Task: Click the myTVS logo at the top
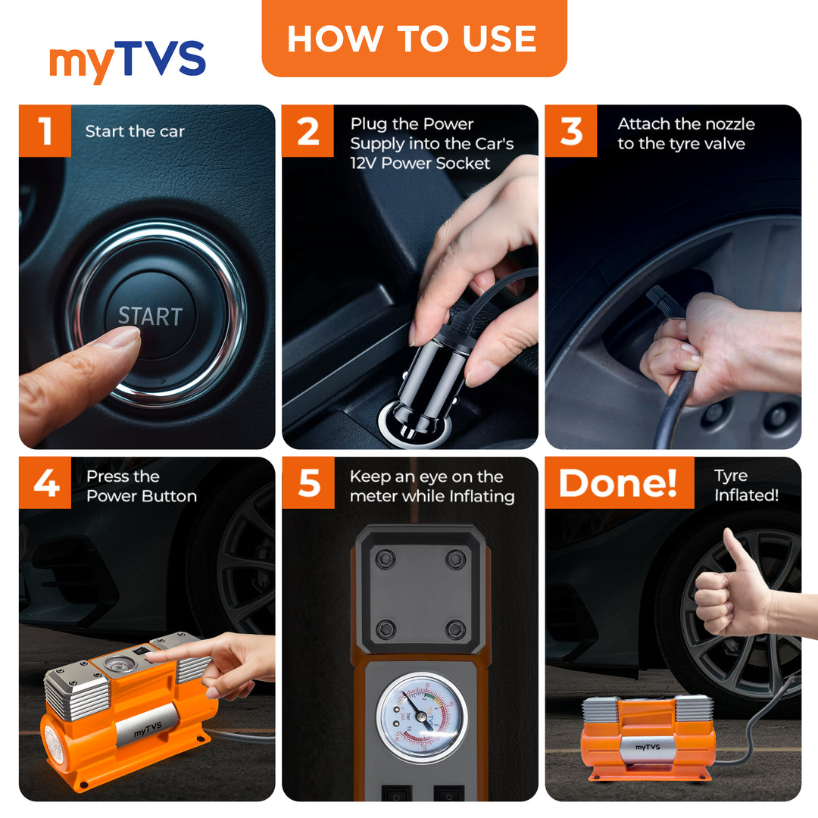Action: click(x=127, y=62)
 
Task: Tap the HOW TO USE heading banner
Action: click(x=414, y=38)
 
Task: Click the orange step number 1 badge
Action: click(x=45, y=130)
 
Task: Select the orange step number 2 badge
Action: click(x=308, y=130)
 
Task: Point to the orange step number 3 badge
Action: click(x=571, y=130)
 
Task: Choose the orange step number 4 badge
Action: click(x=45, y=482)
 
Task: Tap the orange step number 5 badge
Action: click(x=308, y=482)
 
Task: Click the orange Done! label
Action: click(x=619, y=482)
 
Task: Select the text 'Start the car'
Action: click(x=135, y=131)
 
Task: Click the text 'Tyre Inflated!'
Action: click(x=745, y=485)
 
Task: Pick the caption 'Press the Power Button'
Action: click(x=141, y=486)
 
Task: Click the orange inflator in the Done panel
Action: click(x=648, y=738)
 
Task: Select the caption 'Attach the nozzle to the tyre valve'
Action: click(x=685, y=134)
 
